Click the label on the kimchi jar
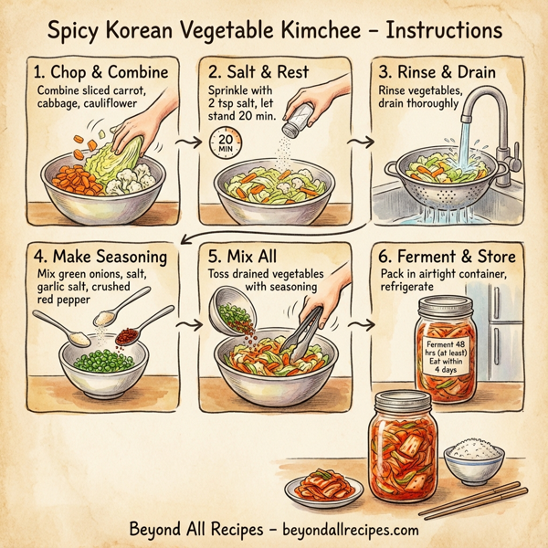click(448, 352)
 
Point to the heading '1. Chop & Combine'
click(100, 72)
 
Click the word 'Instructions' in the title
click(445, 31)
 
